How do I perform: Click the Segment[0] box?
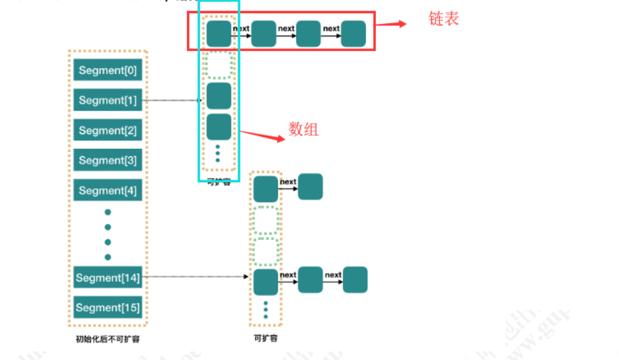[x=108, y=70]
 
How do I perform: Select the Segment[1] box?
[x=108, y=100]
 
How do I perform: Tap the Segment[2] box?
[x=108, y=130]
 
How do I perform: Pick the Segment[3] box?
[x=108, y=160]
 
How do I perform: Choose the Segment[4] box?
[x=108, y=190]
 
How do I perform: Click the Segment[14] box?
[x=108, y=277]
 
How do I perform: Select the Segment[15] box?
[x=108, y=308]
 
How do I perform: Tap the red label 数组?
[x=304, y=129]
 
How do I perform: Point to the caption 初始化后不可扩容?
[x=108, y=339]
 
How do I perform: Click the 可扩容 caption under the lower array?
[x=265, y=338]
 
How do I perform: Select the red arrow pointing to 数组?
[x=262, y=136]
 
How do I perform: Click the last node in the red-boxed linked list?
[x=353, y=33]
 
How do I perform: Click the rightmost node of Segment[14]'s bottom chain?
[x=355, y=279]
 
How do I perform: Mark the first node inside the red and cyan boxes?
[x=219, y=33]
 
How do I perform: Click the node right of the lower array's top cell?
[x=310, y=187]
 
